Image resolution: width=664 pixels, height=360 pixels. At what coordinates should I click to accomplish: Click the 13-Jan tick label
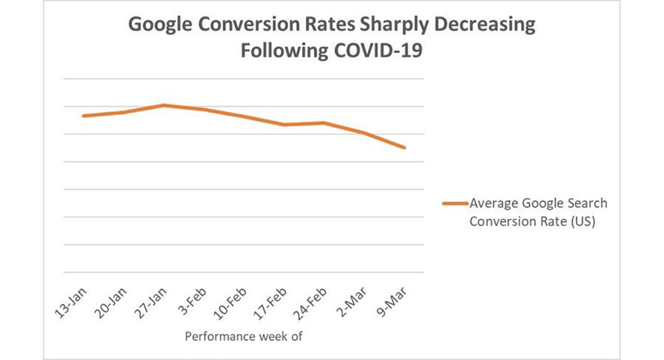tap(72, 304)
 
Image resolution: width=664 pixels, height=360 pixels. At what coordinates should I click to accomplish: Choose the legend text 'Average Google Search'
tap(537, 203)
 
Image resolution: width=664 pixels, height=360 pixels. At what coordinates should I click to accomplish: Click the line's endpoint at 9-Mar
tap(405, 148)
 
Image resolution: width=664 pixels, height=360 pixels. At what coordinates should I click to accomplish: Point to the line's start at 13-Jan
tap(83, 116)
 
